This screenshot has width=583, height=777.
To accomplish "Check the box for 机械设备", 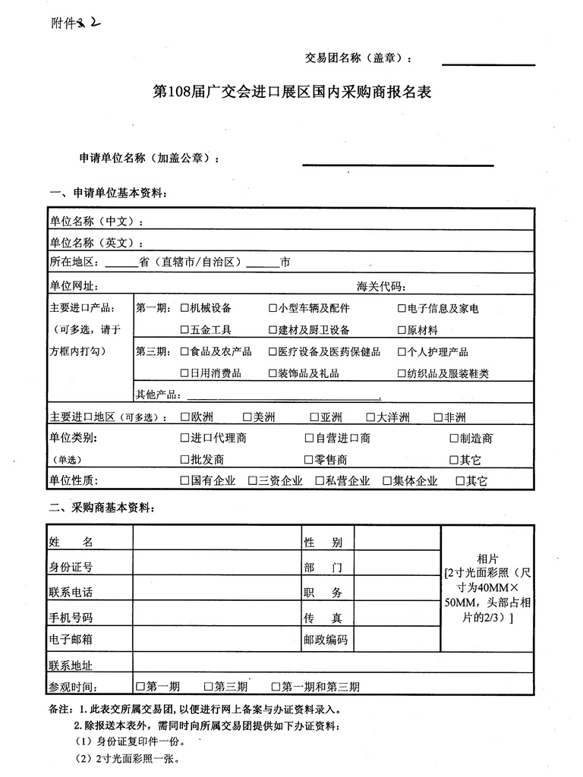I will [x=184, y=308].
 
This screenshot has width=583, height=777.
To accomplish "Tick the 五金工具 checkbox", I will [x=184, y=330].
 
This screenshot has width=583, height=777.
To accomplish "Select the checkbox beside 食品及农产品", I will [x=184, y=352].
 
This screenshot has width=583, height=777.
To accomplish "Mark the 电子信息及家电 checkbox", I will [x=402, y=309].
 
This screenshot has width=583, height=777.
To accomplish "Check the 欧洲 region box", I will [x=185, y=417].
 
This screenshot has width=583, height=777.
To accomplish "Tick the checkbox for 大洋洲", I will [x=371, y=417].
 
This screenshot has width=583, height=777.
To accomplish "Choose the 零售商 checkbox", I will [x=309, y=460].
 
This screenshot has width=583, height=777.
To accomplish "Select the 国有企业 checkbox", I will [x=184, y=481].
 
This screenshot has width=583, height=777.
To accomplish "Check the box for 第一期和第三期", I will [x=275, y=687].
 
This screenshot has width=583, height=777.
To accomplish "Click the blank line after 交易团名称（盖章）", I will [x=488, y=61].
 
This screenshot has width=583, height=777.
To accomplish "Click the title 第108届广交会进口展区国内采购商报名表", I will [x=292, y=93].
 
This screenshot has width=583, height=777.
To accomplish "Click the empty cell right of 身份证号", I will [x=216, y=567].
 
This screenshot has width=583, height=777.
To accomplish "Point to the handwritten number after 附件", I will [x=90, y=23].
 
